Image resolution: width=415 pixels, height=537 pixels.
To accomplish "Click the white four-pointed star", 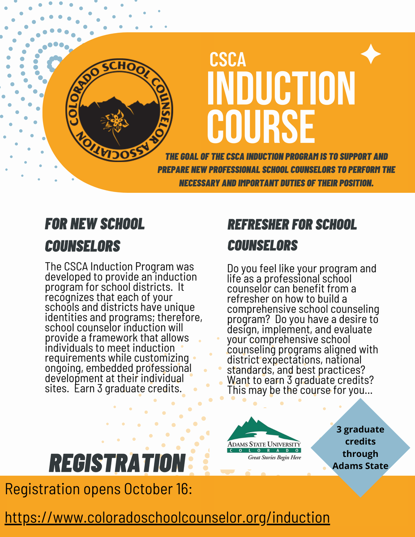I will click(371, 54).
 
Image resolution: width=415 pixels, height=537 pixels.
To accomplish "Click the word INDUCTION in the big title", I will click(281, 89).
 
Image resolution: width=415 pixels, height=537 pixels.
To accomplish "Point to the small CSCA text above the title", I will click(228, 60).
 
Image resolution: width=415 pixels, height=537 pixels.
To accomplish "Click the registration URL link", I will click(167, 517).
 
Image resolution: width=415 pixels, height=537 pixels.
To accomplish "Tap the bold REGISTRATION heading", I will click(117, 462).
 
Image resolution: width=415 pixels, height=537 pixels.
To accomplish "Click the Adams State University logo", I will click(264, 439).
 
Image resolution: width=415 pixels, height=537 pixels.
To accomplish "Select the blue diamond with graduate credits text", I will click(360, 447).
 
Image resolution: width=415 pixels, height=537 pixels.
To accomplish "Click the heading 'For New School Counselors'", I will click(94, 234).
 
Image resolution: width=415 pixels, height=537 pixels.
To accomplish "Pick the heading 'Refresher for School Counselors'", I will click(292, 234).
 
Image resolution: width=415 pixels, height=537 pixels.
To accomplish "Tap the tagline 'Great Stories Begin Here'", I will click(274, 457).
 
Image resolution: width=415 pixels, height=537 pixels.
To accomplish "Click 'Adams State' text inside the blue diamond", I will click(360, 466).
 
